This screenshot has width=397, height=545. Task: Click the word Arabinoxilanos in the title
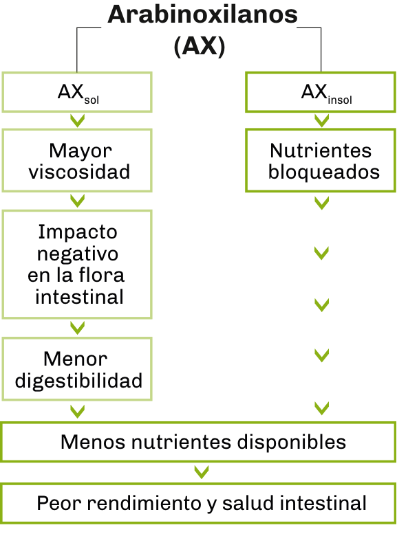pos(202,14)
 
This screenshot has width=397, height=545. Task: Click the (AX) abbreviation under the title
pos(200,46)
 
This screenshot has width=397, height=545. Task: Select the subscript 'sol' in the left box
pos(92,100)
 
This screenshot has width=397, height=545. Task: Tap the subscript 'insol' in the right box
pos(340,100)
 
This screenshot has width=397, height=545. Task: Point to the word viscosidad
pos(79,172)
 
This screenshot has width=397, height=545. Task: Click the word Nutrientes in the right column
pos(321,151)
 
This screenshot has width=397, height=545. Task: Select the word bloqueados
pos(323,173)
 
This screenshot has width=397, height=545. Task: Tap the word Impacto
pos(78,232)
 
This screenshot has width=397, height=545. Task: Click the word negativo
pos(78,255)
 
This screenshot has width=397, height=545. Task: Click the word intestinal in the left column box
pos(79,297)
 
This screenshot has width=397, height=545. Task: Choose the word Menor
pos(76,359)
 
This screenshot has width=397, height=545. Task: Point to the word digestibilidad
pos(78,381)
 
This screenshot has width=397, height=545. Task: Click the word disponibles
pos(292,443)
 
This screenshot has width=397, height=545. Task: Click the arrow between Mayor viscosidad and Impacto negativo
pos(77,201)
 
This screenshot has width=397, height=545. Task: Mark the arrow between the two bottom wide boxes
pos(202,472)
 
